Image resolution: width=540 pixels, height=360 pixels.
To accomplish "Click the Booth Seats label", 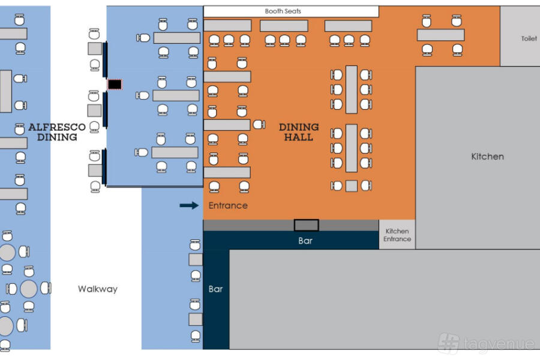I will coord(283,11).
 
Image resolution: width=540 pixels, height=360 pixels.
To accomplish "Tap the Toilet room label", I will coord(529,39).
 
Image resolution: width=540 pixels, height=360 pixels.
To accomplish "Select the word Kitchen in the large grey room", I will coord(487,157).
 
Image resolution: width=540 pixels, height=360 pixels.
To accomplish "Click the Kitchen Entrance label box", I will coord(397,235).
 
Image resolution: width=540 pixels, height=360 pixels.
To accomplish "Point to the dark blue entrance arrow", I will coord(189,206).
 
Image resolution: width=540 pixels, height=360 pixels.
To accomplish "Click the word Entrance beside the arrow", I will coord(228,206).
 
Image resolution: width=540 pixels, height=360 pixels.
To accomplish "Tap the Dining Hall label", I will coord(299,132).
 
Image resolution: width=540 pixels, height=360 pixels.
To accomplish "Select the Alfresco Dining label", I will coord(57,132).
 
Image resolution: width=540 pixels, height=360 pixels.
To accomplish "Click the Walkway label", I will coord(98,289).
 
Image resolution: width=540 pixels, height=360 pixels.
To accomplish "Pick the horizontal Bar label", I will coord(305,241).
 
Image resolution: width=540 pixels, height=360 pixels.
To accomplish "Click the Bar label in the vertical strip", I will coord(216,289).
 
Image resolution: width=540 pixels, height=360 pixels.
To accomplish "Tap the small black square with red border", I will coord(114,85).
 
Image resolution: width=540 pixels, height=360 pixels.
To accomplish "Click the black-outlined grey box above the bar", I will coord(306,225).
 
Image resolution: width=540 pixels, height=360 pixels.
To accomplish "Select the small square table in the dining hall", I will coord(352,186).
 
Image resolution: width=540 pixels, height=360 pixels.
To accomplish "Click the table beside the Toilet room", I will coord(440,35).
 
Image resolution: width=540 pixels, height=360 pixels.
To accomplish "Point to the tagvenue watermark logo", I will coord(449,343).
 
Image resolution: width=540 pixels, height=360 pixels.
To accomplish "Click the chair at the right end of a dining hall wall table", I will coord(259,125).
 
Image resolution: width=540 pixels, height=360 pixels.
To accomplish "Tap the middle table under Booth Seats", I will coord(284,26).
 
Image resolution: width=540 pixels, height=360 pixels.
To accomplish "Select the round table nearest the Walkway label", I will coord(29,289).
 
